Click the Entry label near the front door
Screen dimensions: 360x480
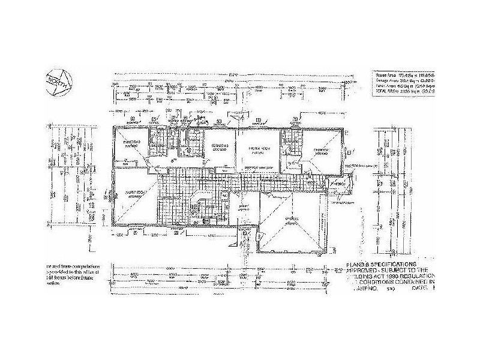pos(244,206)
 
